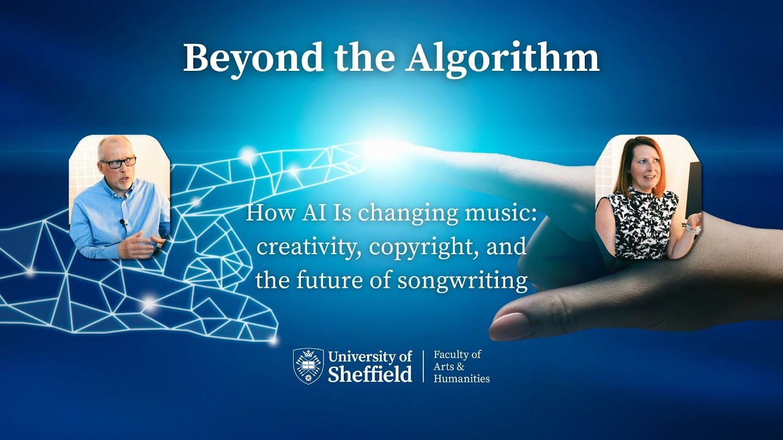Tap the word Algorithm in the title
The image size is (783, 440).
[x=502, y=59]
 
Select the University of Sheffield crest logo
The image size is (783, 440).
[x=308, y=366]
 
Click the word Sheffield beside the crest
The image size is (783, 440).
[x=370, y=373]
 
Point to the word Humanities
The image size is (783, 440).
[x=462, y=379]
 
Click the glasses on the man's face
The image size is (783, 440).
[x=118, y=163]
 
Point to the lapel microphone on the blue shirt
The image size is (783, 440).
[x=123, y=222]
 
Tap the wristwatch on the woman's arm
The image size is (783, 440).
[x=691, y=229]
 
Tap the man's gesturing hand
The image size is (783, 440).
[x=141, y=246]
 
